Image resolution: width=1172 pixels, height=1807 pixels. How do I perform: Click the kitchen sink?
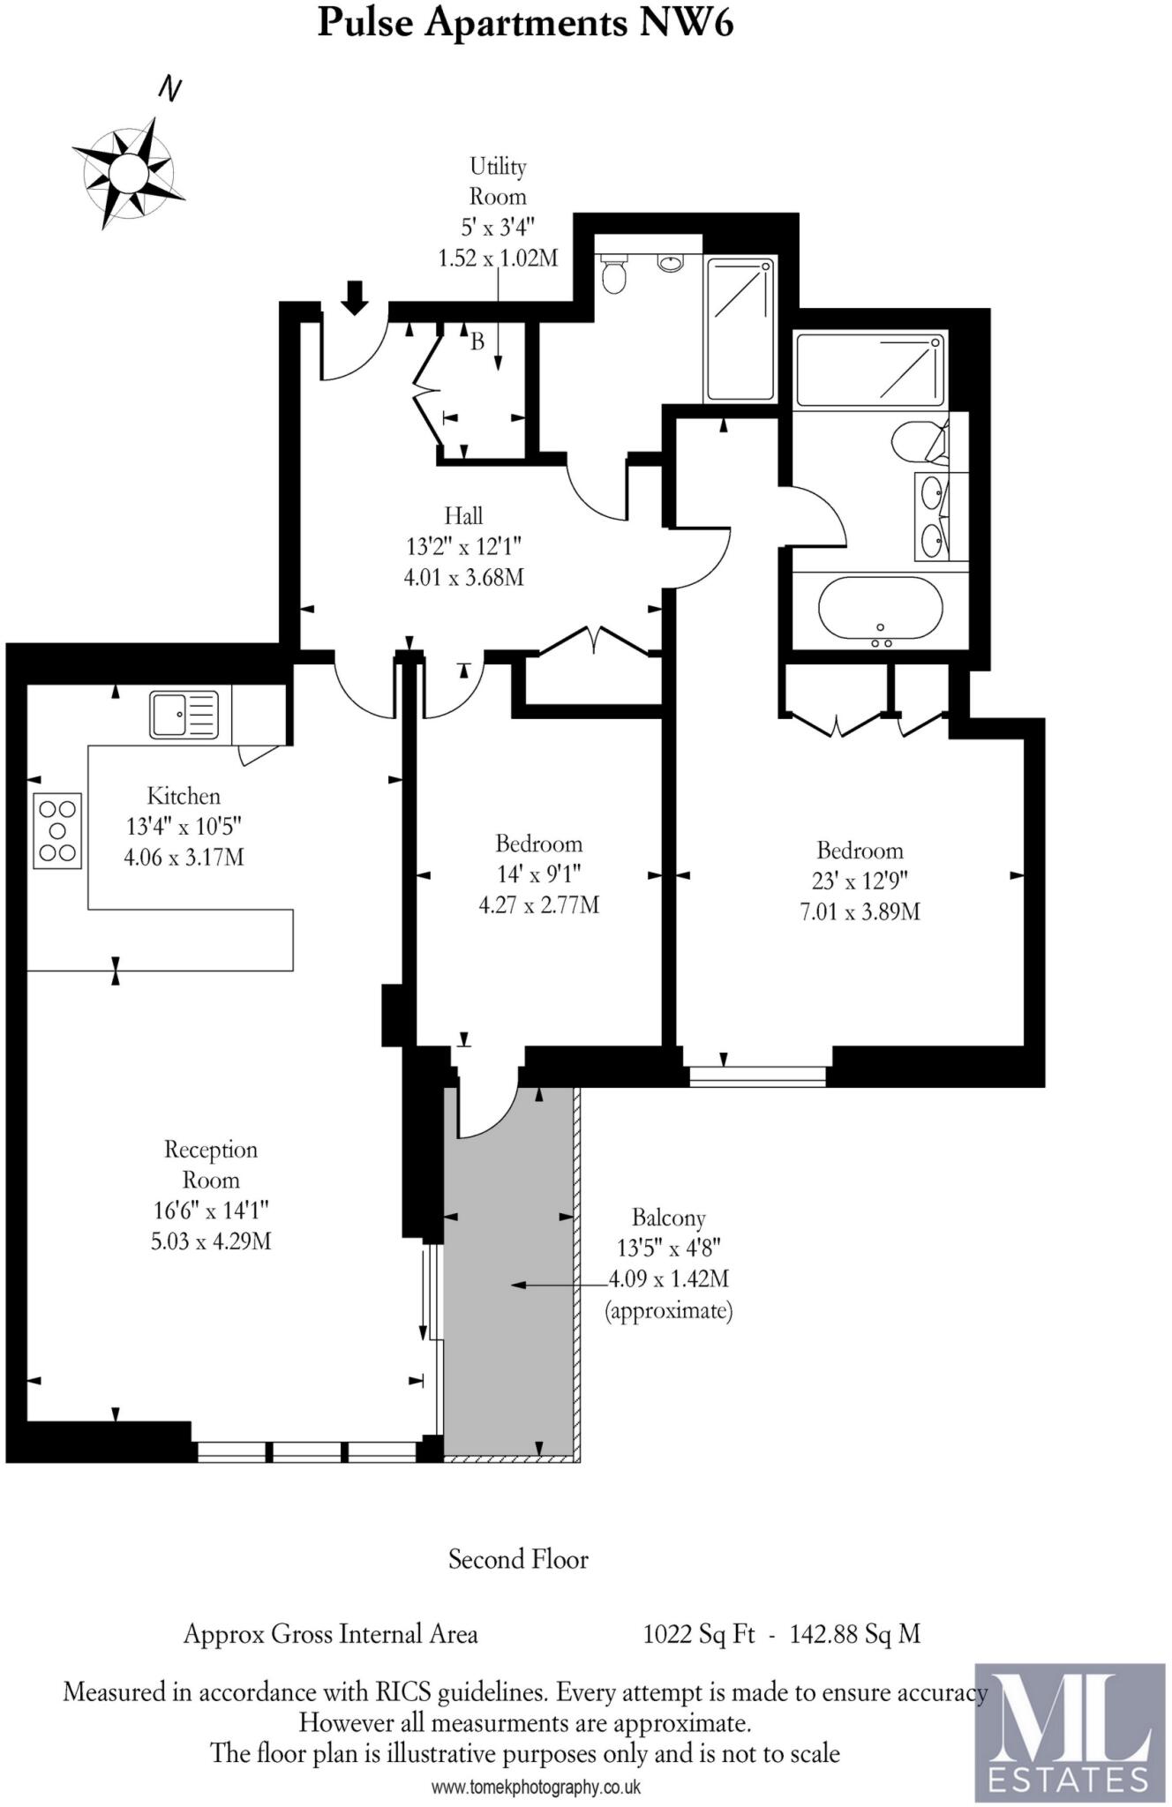[184, 715]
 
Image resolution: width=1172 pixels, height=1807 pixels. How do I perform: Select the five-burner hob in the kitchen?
[57, 831]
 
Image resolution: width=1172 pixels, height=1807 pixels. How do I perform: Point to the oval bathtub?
[880, 608]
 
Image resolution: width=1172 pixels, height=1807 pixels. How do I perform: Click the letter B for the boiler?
[477, 341]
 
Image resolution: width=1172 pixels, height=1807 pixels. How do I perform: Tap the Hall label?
[463, 515]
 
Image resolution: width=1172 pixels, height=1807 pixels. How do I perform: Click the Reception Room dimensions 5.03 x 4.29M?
[211, 1241]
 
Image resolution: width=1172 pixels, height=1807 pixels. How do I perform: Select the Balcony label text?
[668, 1218]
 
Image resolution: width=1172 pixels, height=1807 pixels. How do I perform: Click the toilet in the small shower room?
[612, 274]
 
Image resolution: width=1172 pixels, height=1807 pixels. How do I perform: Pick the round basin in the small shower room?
[671, 263]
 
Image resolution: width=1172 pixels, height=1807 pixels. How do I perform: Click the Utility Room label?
[498, 181]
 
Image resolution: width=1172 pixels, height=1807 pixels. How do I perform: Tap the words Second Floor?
[518, 1559]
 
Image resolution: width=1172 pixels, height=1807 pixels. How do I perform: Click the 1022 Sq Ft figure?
[698, 1634]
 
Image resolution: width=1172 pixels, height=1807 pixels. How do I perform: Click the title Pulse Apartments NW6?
[525, 23]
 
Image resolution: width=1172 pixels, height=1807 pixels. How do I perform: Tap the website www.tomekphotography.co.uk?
[536, 1787]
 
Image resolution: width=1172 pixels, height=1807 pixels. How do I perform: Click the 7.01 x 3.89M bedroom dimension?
[860, 911]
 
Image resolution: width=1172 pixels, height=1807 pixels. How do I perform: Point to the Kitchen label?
[184, 796]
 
